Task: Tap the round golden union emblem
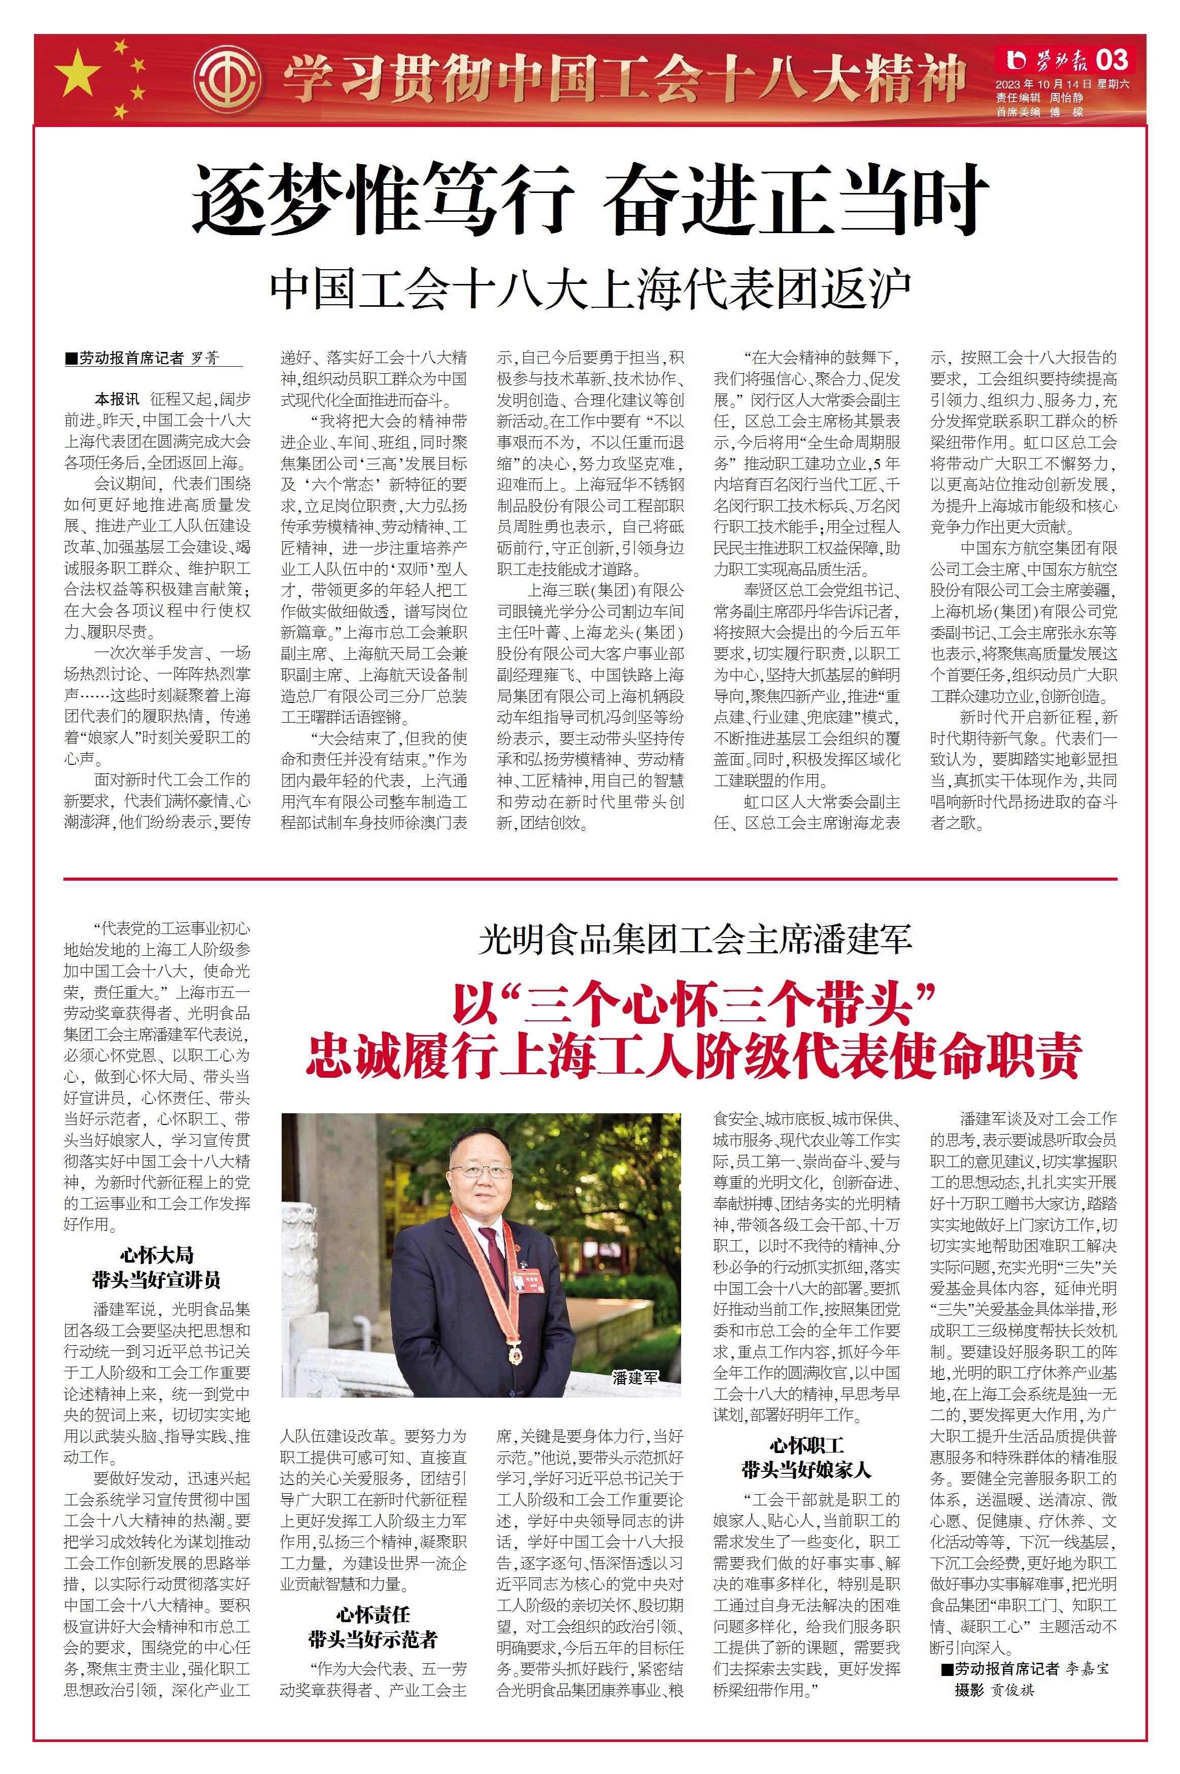(x=227, y=78)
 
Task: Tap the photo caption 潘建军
(x=634, y=1377)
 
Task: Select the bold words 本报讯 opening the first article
(x=117, y=399)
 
